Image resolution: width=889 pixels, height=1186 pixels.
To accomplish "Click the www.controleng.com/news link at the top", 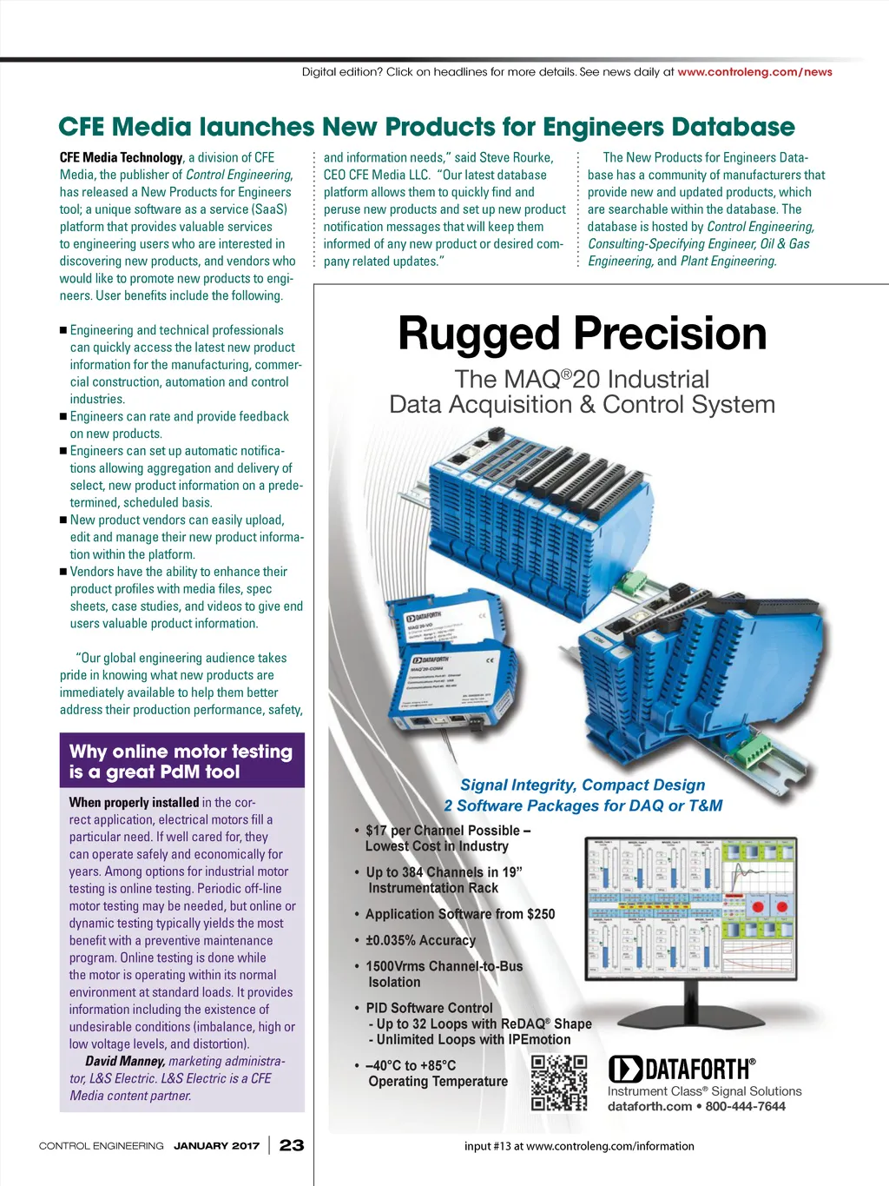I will [x=754, y=72].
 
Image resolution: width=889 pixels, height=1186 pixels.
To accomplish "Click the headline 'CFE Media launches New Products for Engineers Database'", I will [x=426, y=127].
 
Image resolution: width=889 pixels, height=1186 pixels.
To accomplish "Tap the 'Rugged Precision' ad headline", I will [x=582, y=334].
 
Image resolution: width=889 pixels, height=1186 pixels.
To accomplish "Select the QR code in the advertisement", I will [x=559, y=1083].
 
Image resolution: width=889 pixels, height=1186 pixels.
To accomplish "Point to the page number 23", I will [x=292, y=1145].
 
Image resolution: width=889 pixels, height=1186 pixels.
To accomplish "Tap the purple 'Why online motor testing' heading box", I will [x=181, y=761].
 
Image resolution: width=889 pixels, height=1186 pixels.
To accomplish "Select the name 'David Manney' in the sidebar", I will [x=125, y=1061].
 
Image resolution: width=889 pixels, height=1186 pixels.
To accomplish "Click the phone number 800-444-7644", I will [x=746, y=1106].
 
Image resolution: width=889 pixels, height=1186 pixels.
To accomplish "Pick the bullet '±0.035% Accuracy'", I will [x=420, y=940].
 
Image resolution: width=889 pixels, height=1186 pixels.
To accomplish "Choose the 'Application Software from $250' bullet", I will [x=459, y=914].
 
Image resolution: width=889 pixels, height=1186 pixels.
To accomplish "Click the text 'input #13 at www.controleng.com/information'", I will [x=579, y=1146].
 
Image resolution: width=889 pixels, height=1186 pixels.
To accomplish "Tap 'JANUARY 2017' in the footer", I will [x=216, y=1145].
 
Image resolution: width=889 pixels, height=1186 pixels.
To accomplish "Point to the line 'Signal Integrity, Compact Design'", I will [x=583, y=785].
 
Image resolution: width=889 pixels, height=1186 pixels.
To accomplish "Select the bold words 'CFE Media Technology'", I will [x=121, y=157].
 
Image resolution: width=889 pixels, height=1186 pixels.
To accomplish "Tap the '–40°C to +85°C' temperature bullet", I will [x=411, y=1065].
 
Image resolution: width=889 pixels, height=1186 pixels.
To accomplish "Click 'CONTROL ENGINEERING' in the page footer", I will [x=101, y=1145].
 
